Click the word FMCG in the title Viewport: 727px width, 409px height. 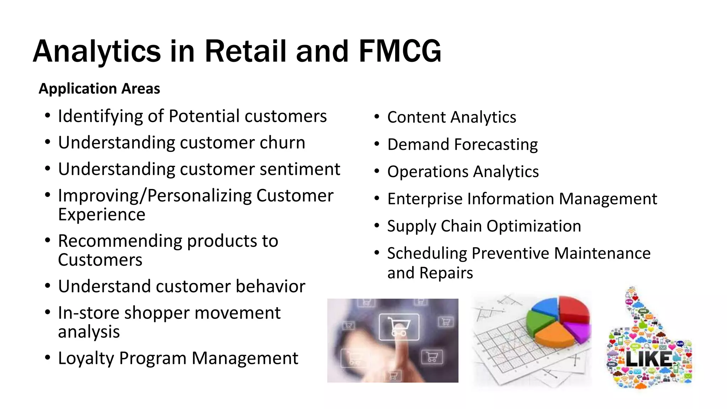pyautogui.click(x=400, y=51)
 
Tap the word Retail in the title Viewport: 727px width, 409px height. pyautogui.click(x=245, y=51)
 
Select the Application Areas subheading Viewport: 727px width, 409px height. pyautogui.click(x=99, y=88)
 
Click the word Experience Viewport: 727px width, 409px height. pyautogui.click(x=102, y=214)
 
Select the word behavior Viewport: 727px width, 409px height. pyautogui.click(x=270, y=286)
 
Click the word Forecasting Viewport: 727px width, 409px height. pyautogui.click(x=496, y=145)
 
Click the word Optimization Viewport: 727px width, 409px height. pyautogui.click(x=534, y=226)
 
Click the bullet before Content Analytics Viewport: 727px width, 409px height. pyautogui.click(x=377, y=116)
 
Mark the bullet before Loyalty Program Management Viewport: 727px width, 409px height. pyautogui.click(x=48, y=358)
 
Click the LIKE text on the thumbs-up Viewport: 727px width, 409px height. pyautogui.click(x=648, y=359)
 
